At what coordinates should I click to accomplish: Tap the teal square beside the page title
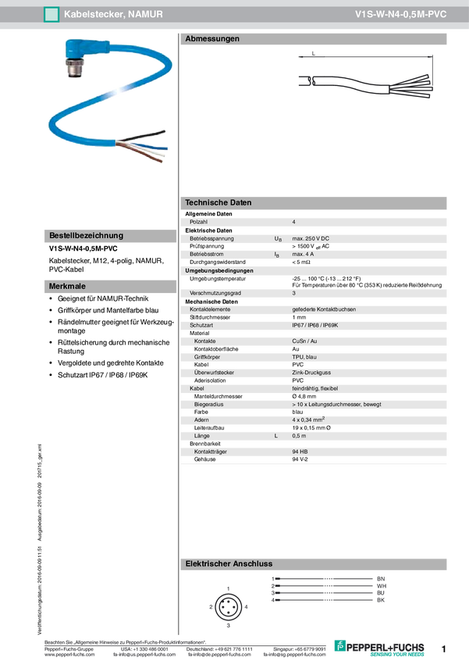coord(52,15)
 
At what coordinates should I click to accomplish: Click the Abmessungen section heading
coord(212,39)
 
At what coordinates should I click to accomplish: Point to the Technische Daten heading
coord(219,202)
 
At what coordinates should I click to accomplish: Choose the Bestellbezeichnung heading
coord(86,235)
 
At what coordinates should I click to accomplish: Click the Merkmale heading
coord(68,287)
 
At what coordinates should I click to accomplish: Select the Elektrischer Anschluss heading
coord(229,563)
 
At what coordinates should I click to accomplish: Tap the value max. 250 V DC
coord(311,238)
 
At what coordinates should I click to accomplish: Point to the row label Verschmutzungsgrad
coord(215,293)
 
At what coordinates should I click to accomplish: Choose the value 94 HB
coord(300,452)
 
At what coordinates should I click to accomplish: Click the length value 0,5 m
coord(299,436)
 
